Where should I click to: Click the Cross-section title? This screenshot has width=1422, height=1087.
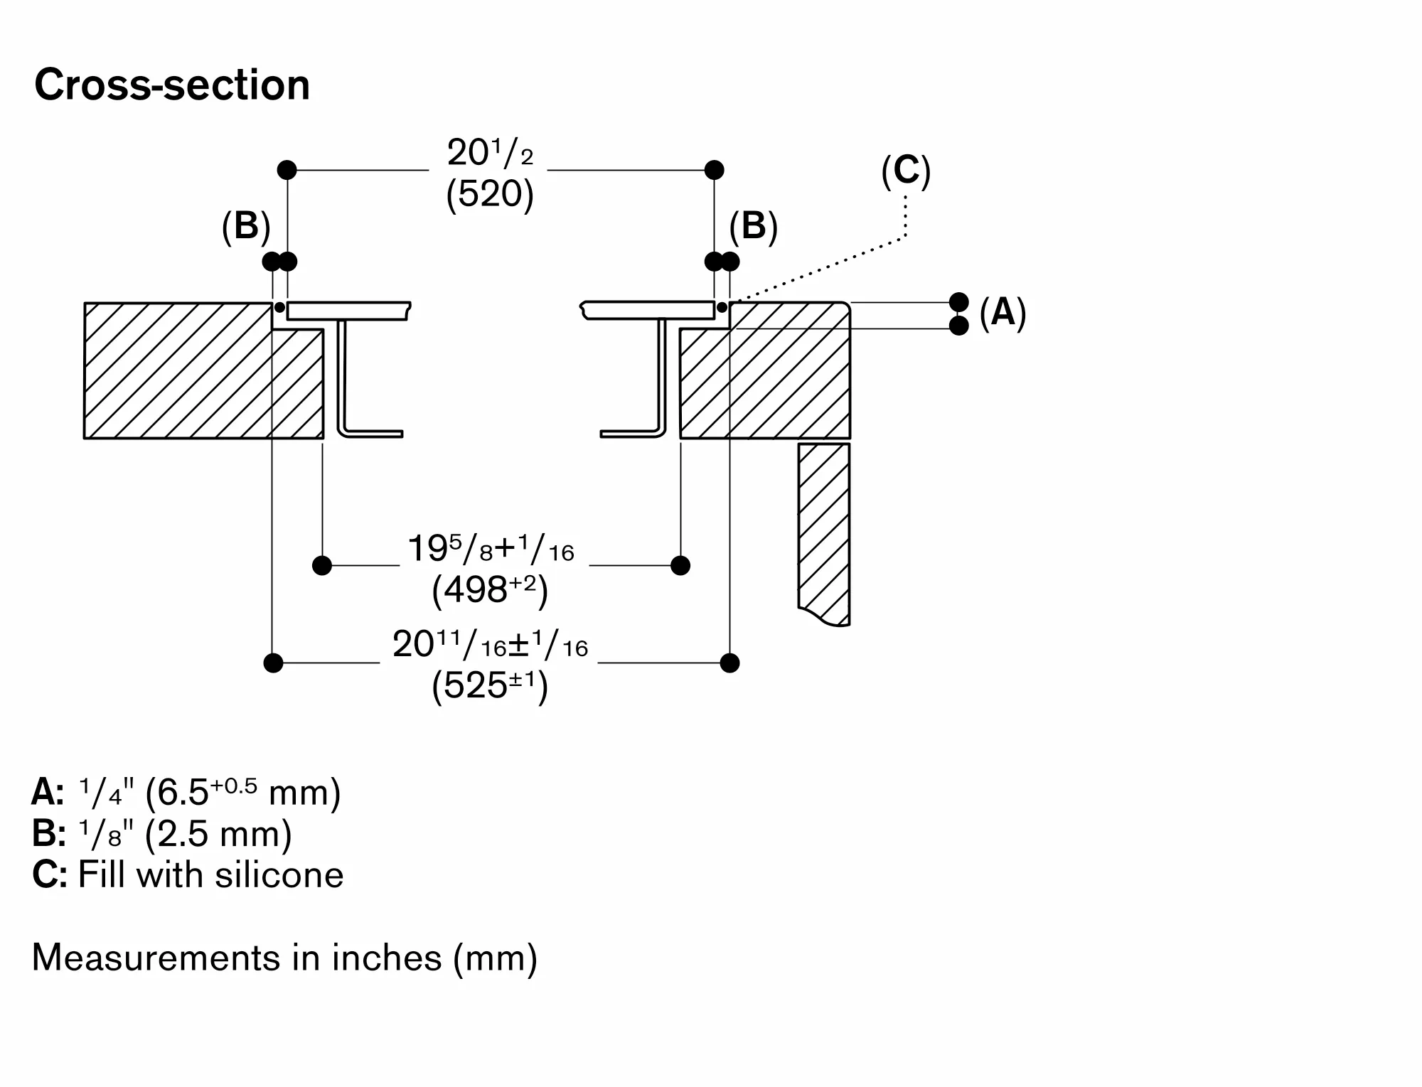click(172, 85)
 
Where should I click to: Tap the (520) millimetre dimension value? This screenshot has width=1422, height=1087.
click(490, 193)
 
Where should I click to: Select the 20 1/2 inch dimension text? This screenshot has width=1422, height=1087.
click(490, 152)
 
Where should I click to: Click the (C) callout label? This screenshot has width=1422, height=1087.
click(906, 171)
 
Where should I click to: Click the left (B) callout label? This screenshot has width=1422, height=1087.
click(246, 227)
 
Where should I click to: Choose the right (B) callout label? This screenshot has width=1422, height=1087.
click(754, 227)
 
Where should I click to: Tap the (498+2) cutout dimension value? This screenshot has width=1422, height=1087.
click(490, 590)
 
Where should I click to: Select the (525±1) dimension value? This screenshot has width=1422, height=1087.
click(490, 687)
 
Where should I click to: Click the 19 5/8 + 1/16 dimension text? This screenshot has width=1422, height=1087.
click(491, 550)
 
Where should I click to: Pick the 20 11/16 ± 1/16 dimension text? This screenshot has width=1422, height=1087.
click(490, 646)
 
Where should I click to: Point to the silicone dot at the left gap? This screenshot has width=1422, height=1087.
click(279, 307)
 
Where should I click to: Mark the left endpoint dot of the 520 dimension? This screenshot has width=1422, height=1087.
click(287, 170)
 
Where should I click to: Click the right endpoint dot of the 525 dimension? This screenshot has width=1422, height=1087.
click(729, 663)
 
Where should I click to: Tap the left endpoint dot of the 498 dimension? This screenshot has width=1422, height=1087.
click(322, 566)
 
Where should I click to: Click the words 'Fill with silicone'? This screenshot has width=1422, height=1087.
click(210, 874)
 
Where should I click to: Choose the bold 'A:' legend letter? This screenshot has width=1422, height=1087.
click(48, 793)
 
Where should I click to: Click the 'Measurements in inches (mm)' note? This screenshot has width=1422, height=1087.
click(284, 958)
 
